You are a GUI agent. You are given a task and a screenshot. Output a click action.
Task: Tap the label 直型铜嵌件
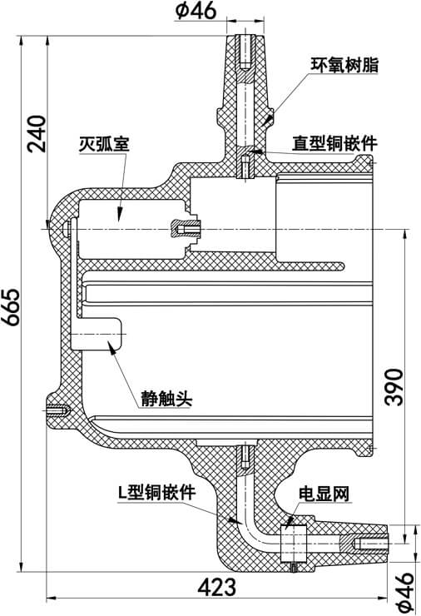click(x=334, y=143)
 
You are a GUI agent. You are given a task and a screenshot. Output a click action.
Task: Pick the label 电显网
click(x=324, y=494)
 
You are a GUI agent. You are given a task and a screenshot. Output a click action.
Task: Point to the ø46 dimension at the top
click(x=196, y=12)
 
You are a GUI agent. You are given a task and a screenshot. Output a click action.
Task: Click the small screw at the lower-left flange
click(x=56, y=409)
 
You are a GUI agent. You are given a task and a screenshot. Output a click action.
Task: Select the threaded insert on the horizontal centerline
click(x=186, y=226)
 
